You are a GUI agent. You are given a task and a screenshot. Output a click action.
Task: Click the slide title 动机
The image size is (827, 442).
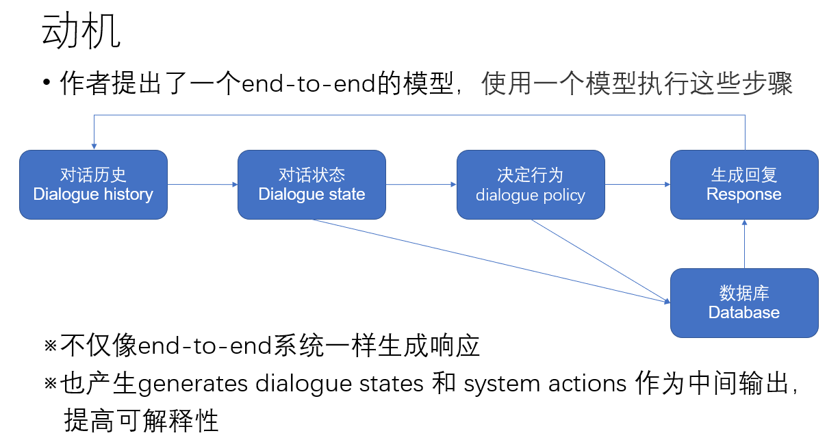point(81,31)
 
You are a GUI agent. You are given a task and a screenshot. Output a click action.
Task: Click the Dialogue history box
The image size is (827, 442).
point(93,185)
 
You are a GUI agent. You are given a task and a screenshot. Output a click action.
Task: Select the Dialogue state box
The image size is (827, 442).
point(311,185)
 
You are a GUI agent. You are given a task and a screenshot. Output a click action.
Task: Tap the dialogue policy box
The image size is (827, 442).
point(531,185)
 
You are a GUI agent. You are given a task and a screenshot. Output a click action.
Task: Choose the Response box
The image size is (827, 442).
point(744,185)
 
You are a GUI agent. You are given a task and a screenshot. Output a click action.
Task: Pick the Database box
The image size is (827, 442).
point(744,303)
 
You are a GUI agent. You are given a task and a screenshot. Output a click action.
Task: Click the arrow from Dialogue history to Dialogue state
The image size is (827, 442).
point(203,184)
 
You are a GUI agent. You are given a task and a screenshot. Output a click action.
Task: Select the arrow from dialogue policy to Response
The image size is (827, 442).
point(637,184)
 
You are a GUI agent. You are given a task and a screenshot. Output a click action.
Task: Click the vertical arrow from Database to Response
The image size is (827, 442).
point(744,244)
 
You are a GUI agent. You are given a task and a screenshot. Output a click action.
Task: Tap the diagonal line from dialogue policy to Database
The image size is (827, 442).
point(599,260)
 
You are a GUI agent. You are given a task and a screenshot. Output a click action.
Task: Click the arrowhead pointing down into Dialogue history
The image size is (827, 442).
point(94,146)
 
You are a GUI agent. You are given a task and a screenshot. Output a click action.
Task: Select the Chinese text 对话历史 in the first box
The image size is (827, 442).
point(93,175)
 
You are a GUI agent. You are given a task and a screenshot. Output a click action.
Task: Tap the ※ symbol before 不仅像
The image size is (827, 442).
point(51,346)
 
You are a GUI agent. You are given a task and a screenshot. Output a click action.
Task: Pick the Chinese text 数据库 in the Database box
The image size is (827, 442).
point(744,294)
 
